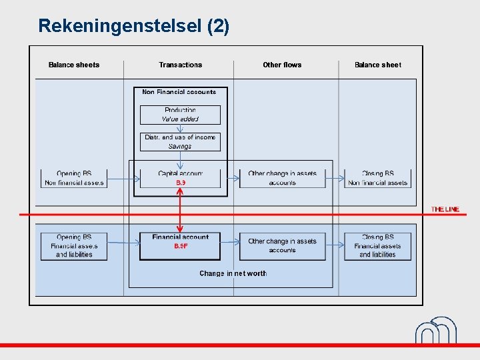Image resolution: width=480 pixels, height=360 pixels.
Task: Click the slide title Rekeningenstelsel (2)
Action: click(133, 26)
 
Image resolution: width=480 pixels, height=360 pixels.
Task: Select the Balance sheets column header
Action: click(74, 65)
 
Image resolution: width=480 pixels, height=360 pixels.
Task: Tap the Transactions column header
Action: click(180, 65)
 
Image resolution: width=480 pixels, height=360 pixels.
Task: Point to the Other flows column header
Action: click(282, 65)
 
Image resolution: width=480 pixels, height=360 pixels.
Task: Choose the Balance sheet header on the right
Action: click(378, 65)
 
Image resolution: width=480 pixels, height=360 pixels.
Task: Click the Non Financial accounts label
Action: click(179, 92)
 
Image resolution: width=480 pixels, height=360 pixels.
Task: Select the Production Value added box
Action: click(180, 115)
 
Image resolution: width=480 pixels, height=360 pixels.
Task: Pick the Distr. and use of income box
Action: click(180, 141)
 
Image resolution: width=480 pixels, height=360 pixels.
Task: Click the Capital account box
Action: click(180, 178)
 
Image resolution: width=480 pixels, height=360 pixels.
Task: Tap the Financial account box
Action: click(180, 245)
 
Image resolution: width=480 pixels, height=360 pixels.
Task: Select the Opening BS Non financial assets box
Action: click(74, 178)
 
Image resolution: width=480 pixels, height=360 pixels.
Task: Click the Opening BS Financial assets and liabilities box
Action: click(74, 245)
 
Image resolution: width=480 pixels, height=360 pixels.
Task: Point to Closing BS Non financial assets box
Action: click(378, 178)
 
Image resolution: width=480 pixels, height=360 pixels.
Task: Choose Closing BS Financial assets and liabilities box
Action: click(378, 245)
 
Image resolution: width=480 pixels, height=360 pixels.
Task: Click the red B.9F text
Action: click(181, 246)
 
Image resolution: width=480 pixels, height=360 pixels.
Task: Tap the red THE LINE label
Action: click(445, 209)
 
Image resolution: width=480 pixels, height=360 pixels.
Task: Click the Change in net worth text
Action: click(233, 273)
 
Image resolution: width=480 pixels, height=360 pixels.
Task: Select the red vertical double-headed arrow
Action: click(180, 210)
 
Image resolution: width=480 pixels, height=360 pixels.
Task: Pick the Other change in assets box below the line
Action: click(282, 245)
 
